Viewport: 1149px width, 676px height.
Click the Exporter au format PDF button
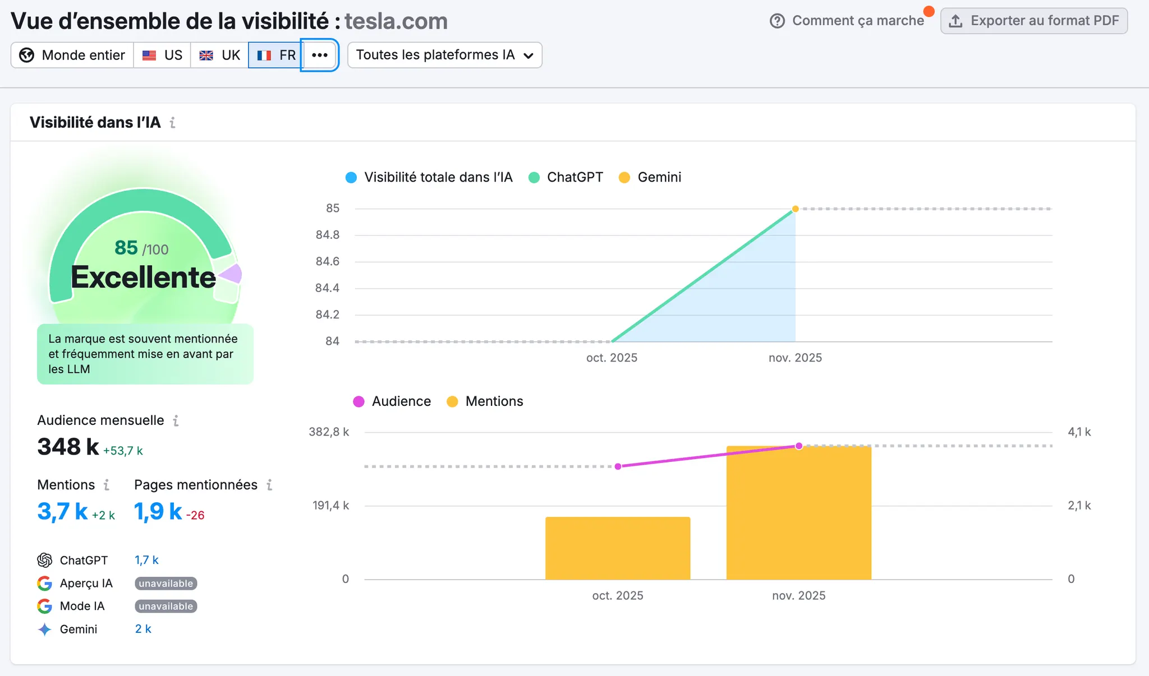pyautogui.click(x=1033, y=21)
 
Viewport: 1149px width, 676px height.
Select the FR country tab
pyautogui.click(x=276, y=55)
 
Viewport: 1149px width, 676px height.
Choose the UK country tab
pyautogui.click(x=220, y=55)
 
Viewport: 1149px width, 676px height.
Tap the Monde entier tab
pyautogui.click(x=72, y=55)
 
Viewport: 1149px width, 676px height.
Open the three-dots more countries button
pyautogui.click(x=320, y=55)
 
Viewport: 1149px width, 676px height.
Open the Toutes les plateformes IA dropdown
pyautogui.click(x=444, y=55)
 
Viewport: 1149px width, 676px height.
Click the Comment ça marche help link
pyautogui.click(x=847, y=21)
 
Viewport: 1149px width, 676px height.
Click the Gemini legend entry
pyautogui.click(x=650, y=177)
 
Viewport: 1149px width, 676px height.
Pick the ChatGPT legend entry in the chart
pyautogui.click(x=566, y=177)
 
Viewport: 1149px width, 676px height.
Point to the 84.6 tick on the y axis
pyautogui.click(x=328, y=261)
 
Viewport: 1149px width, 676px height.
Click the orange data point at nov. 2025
pyautogui.click(x=795, y=209)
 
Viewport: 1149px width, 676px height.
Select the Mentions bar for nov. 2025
pyautogui.click(x=798, y=512)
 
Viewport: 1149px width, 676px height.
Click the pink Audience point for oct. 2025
pyautogui.click(x=618, y=466)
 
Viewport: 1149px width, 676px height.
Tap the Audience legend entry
pyautogui.click(x=392, y=401)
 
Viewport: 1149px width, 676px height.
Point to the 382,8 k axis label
pyautogui.click(x=329, y=432)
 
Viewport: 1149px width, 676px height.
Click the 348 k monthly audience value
pyautogui.click(x=68, y=447)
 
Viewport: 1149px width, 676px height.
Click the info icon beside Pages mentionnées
pyautogui.click(x=270, y=485)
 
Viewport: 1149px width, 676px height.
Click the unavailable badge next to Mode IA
pyautogui.click(x=166, y=606)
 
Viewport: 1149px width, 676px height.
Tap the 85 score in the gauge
pyautogui.click(x=126, y=247)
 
